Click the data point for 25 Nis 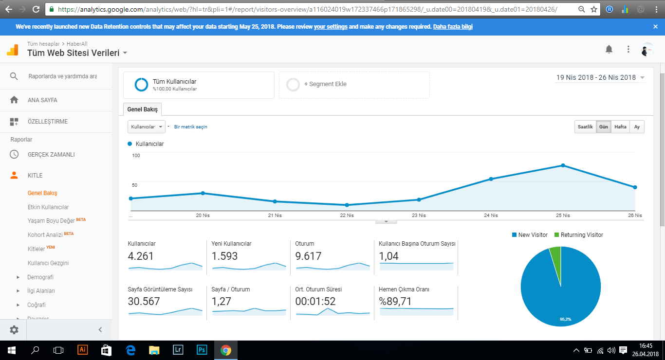pyautogui.click(x=563, y=165)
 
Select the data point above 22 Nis pyautogui.click(x=347, y=205)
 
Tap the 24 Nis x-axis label pyautogui.click(x=491, y=215)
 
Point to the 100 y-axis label pyautogui.click(x=136, y=156)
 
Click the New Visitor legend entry pyautogui.click(x=530, y=235)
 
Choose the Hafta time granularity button pyautogui.click(x=620, y=126)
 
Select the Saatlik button pyautogui.click(x=585, y=126)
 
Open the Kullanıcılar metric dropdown pyautogui.click(x=147, y=126)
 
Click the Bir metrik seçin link pyautogui.click(x=191, y=126)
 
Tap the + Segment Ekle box pyautogui.click(x=354, y=85)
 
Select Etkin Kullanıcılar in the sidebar pyautogui.click(x=48, y=207)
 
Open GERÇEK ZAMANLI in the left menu pyautogui.click(x=51, y=155)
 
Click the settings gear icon pyautogui.click(x=14, y=330)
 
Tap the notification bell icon pyautogui.click(x=609, y=49)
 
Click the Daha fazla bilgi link pyautogui.click(x=453, y=27)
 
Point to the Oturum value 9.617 pyautogui.click(x=308, y=256)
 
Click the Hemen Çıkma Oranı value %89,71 pyautogui.click(x=395, y=302)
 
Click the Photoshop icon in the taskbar pyautogui.click(x=202, y=350)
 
